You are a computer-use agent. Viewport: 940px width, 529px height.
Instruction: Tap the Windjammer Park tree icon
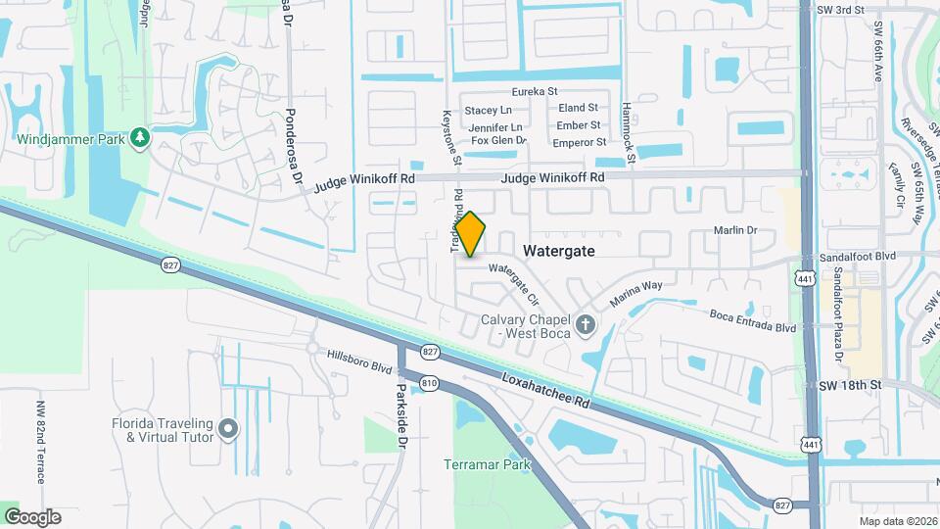pos(141,138)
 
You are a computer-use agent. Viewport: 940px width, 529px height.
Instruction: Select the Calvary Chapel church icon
pos(586,324)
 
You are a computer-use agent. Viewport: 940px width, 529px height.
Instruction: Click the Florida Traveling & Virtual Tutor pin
pos(228,428)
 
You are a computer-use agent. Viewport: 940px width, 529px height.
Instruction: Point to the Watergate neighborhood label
pos(559,251)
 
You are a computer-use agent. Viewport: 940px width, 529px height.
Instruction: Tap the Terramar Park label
pos(487,464)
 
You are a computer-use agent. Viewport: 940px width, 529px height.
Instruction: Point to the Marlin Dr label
pos(737,230)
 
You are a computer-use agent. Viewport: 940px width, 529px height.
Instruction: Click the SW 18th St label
pos(850,386)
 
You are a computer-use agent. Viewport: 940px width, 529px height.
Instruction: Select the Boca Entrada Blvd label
pos(753,321)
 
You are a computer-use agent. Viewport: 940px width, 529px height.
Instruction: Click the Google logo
pos(32,517)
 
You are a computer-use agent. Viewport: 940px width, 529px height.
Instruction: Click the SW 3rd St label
pos(843,10)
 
